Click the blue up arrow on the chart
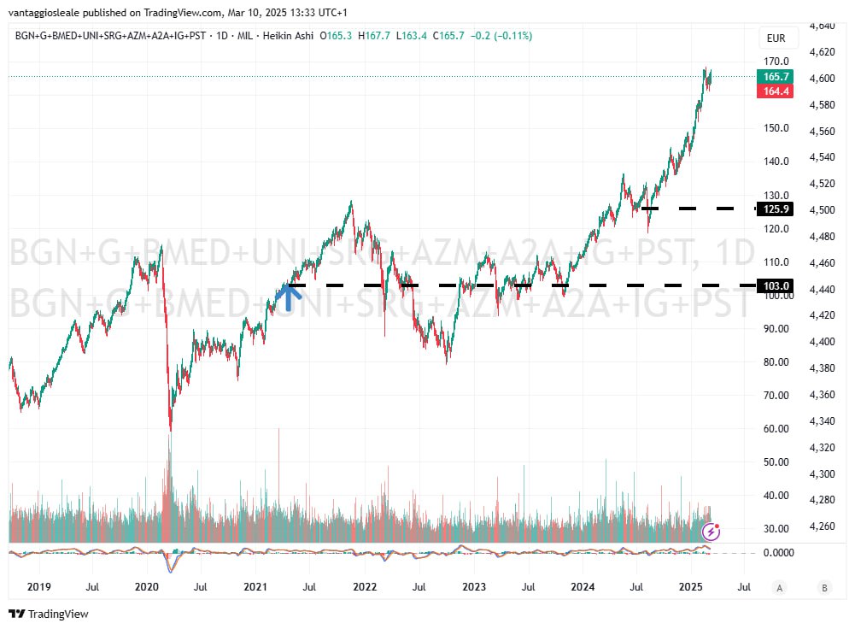point(290,296)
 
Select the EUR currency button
point(776,38)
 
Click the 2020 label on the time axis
point(147,587)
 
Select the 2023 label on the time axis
point(474,587)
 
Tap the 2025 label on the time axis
point(691,587)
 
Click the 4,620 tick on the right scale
point(822,52)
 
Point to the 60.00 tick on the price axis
point(774,429)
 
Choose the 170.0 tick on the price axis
point(776,62)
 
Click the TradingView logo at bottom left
point(49,614)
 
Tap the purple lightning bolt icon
point(712,532)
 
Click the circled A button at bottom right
point(779,587)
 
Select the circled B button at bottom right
point(824,587)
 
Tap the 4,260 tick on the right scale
point(822,526)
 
